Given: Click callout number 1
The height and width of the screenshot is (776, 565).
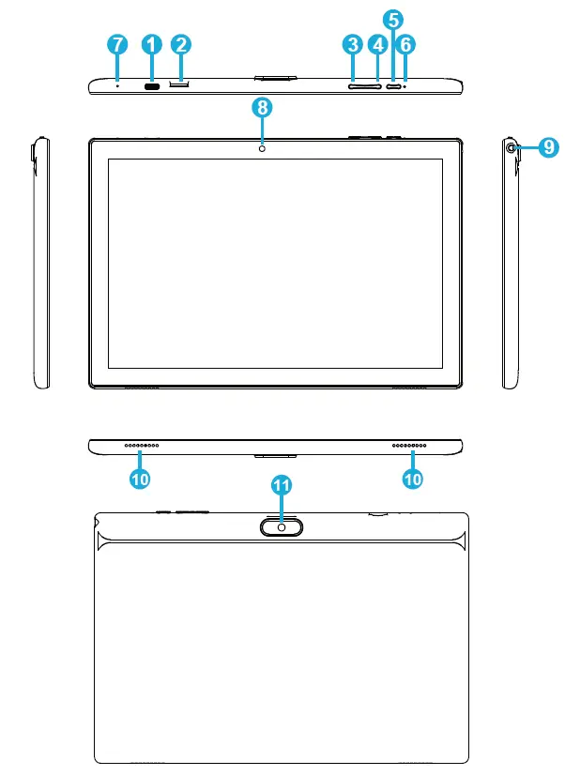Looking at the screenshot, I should point(151,44).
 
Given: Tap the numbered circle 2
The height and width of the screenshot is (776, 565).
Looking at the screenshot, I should point(181,44).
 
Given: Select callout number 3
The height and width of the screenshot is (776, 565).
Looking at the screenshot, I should point(353,44).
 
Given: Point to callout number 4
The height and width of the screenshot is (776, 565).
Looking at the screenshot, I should point(378,44).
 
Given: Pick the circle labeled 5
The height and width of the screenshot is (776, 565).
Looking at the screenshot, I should point(393,19).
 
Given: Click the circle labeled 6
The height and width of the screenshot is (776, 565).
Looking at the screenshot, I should point(406,44).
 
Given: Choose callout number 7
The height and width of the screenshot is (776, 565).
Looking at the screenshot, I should point(116,44).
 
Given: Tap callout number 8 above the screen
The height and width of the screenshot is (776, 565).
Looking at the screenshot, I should point(263,107).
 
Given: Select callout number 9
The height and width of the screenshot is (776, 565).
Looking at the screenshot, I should point(549,146).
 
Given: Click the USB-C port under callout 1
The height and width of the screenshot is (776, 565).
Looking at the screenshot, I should point(151,85).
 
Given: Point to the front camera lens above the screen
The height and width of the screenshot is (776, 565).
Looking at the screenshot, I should point(263,147).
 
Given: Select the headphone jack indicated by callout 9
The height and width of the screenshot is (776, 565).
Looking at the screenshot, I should point(512,147).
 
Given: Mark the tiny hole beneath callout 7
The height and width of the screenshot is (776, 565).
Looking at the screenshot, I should point(116,85).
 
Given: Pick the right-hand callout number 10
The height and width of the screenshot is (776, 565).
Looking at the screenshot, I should point(412,478).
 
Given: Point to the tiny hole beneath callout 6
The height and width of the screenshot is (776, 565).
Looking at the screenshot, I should point(405,85).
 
